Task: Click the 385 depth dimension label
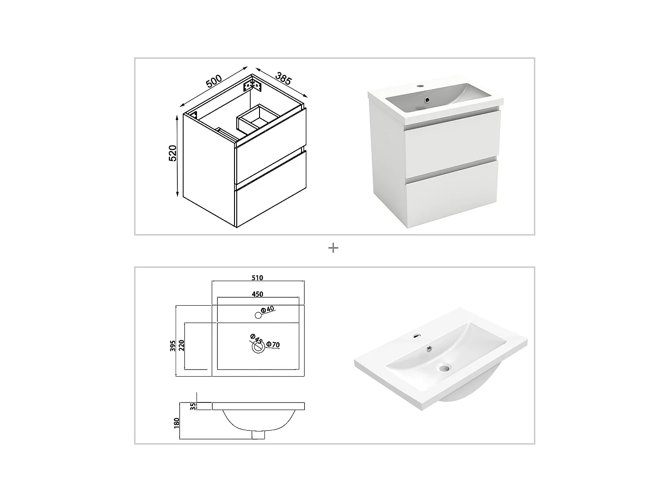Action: pyautogui.click(x=284, y=78)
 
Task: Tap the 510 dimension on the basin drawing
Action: pyautogui.click(x=258, y=278)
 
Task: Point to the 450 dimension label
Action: pyautogui.click(x=258, y=294)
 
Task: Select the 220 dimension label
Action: pyautogui.click(x=181, y=345)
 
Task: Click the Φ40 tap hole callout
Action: pyautogui.click(x=268, y=309)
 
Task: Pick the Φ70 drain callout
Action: pyautogui.click(x=273, y=344)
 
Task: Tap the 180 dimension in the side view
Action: pyautogui.click(x=176, y=422)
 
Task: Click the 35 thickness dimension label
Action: pyautogui.click(x=193, y=406)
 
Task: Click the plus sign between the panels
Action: pyautogui.click(x=333, y=248)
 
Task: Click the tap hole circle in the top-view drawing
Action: pyautogui.click(x=258, y=315)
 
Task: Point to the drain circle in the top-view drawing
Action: pyautogui.click(x=258, y=348)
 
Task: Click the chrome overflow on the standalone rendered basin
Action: pyautogui.click(x=430, y=349)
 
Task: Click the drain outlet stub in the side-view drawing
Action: pyautogui.click(x=258, y=434)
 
